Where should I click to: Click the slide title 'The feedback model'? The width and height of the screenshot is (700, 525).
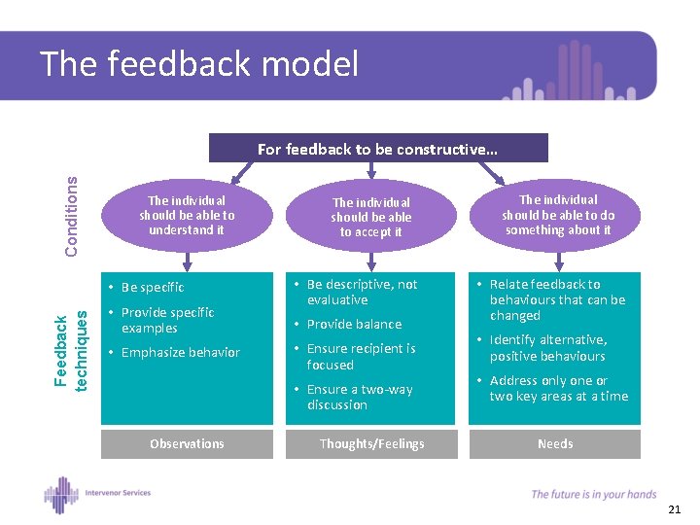[199, 65]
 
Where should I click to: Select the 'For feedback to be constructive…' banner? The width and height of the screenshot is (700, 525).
[378, 149]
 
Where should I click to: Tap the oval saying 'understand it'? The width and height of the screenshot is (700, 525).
[187, 215]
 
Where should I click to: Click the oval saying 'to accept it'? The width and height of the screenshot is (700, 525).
[370, 217]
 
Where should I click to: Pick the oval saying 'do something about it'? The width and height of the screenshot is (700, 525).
[558, 215]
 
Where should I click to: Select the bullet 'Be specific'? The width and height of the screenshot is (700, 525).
[153, 288]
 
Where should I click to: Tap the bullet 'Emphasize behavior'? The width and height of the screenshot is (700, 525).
[181, 352]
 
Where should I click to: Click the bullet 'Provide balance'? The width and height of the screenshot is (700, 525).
[354, 324]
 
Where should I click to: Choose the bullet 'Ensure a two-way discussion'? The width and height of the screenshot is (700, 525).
[360, 397]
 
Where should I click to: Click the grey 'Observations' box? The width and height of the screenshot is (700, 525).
[187, 443]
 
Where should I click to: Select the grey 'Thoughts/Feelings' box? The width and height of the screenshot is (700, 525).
[371, 443]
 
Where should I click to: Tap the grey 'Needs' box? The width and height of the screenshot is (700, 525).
[555, 443]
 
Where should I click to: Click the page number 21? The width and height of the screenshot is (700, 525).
[675, 509]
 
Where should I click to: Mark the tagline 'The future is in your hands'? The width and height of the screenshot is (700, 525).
[593, 494]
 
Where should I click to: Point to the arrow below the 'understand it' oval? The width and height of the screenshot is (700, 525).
[187, 257]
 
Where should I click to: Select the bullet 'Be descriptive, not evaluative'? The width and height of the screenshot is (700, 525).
[362, 292]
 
